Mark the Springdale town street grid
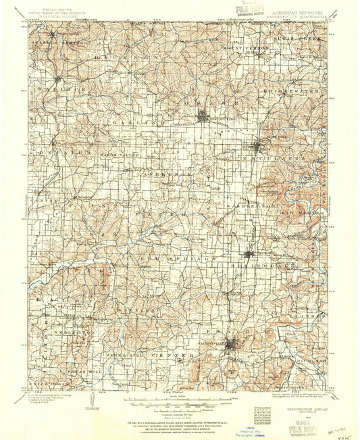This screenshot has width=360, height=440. click(250, 255)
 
